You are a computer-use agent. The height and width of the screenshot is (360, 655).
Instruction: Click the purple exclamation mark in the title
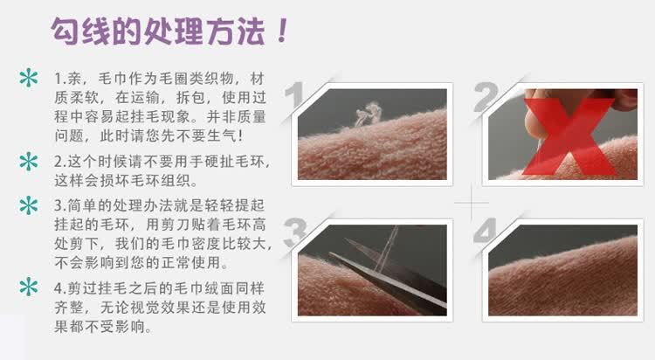(x=283, y=31)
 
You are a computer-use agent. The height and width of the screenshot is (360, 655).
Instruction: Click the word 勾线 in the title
(x=80, y=31)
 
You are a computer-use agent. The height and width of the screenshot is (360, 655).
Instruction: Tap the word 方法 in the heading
(x=237, y=31)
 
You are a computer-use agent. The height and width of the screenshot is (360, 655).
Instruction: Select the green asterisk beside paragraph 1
(x=29, y=78)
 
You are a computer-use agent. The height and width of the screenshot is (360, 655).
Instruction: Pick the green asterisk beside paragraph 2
(x=29, y=162)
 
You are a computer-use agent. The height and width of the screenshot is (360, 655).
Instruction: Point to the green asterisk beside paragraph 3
(x=29, y=205)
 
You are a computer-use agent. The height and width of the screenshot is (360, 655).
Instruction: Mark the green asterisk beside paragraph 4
(x=29, y=287)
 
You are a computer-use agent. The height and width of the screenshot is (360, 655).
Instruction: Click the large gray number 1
(x=295, y=95)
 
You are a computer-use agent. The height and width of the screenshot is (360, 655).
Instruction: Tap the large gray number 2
(x=486, y=96)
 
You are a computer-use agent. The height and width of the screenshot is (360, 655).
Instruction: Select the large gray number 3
(x=296, y=232)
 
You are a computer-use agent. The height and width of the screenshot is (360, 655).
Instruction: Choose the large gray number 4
(x=486, y=231)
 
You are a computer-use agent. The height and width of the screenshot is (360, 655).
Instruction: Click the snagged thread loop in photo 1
(x=368, y=114)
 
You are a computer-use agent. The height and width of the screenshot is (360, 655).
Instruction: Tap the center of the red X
(x=569, y=136)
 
